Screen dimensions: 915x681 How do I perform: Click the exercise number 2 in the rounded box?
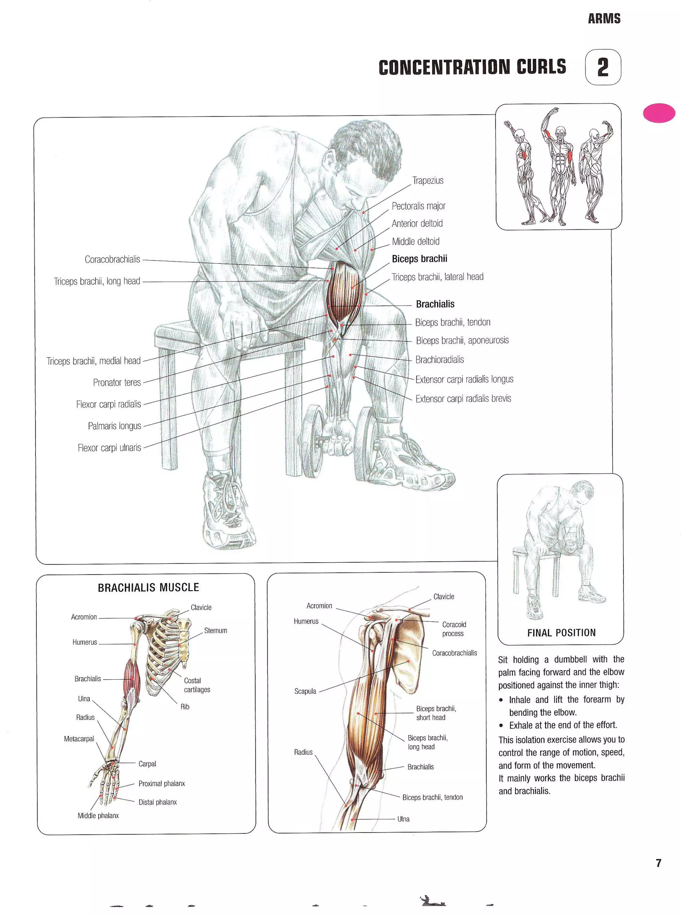coord(603,67)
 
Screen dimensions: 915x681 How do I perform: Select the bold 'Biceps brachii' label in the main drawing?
coord(419,259)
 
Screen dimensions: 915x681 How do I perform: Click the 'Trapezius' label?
coord(428,181)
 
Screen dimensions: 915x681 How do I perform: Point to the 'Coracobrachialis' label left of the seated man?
coord(112,260)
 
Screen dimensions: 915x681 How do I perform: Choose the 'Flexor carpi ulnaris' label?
coord(109,448)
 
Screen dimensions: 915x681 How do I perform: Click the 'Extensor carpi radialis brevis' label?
coord(463,398)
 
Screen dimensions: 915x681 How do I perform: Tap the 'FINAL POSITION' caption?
coord(561,633)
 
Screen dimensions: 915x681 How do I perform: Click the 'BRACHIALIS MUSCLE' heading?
coord(148,587)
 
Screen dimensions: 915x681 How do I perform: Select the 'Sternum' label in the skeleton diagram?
coord(215,630)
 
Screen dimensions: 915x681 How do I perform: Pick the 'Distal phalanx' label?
coord(158,802)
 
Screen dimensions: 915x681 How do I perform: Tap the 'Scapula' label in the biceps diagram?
coord(305,691)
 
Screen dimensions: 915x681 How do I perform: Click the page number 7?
coord(658,863)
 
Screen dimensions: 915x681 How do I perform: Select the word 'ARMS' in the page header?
coord(604,19)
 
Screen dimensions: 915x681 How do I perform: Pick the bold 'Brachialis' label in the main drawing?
coord(435,304)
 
